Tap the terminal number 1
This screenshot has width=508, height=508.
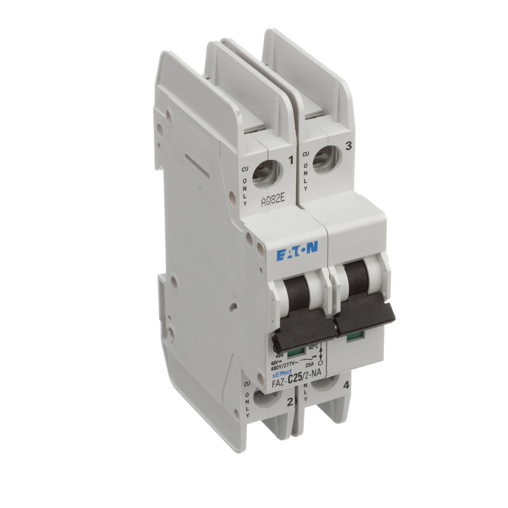[291, 161]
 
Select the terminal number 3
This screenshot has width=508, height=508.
[348, 145]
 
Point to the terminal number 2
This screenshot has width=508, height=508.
[290, 401]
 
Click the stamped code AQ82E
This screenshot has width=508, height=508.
[273, 201]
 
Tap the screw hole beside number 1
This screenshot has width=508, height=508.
[266, 174]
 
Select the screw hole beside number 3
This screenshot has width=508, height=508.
[326, 159]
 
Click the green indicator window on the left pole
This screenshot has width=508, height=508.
[296, 353]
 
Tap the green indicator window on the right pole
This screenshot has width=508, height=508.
[353, 336]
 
